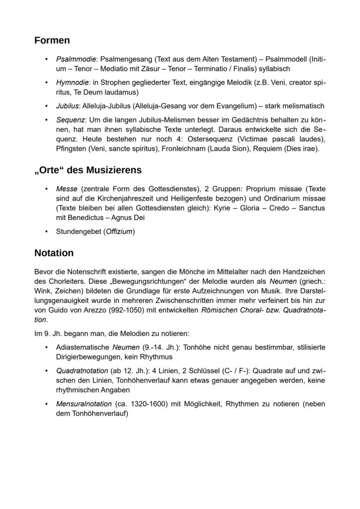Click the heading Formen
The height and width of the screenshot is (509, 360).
pyautogui.click(x=52, y=40)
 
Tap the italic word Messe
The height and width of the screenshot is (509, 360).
pyautogui.click(x=67, y=189)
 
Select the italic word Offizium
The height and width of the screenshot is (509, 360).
pyautogui.click(x=119, y=231)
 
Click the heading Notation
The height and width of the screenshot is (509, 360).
pyautogui.click(x=54, y=253)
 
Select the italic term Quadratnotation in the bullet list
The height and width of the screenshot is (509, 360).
pyautogui.click(x=82, y=371)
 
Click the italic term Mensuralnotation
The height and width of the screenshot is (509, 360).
pyautogui.click(x=84, y=404)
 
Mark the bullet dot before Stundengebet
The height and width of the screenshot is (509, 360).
pyautogui.click(x=47, y=231)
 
